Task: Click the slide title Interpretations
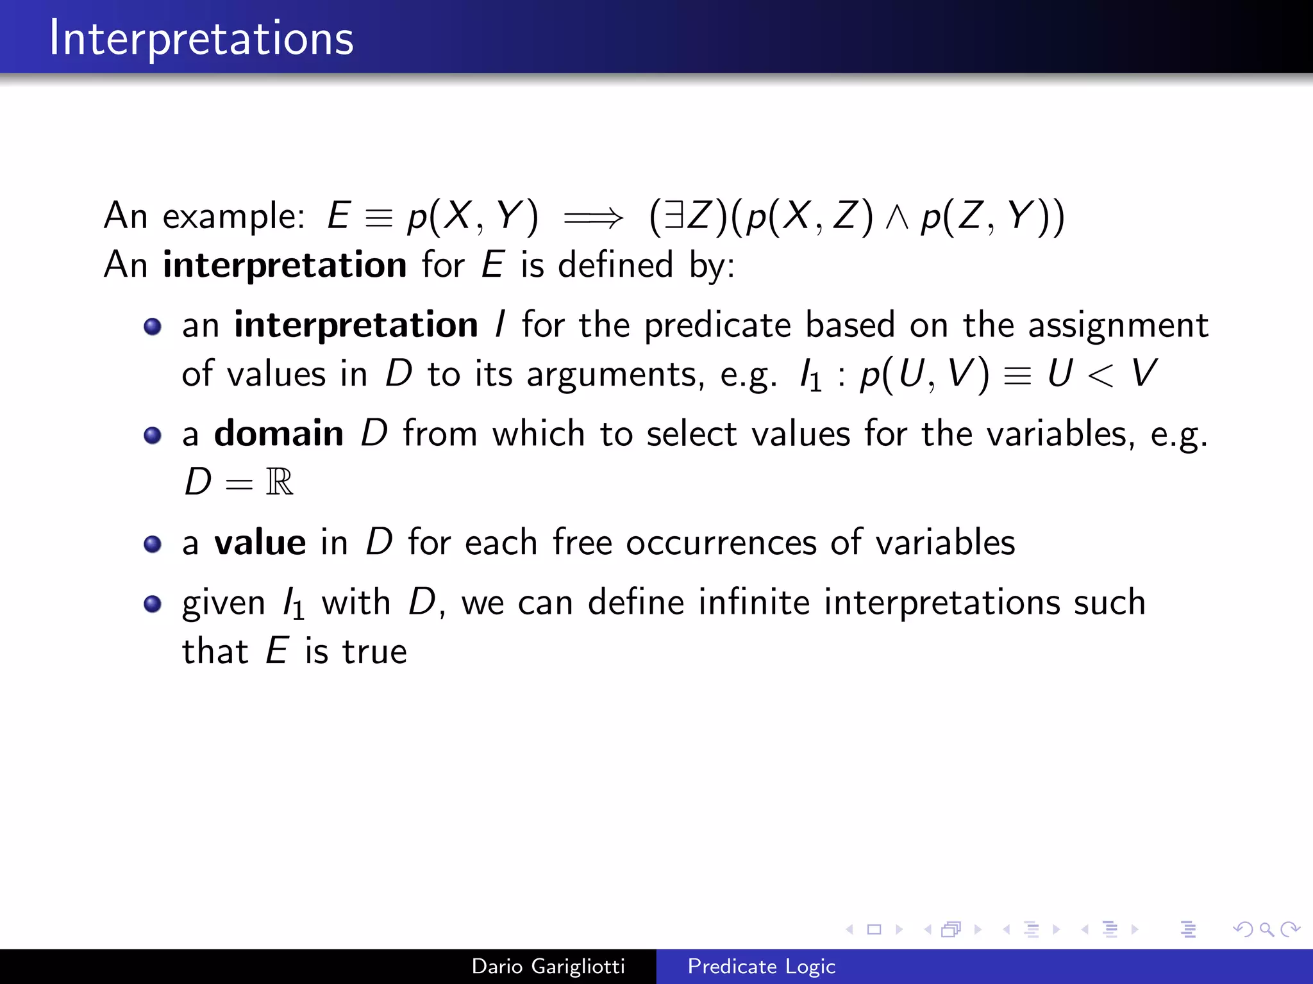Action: (201, 38)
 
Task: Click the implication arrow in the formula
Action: (593, 218)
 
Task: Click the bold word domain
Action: (279, 434)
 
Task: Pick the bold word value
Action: (260, 543)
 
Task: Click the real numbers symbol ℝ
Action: (280, 482)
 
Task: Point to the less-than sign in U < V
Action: (1100, 375)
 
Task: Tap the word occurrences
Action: (721, 543)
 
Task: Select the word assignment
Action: (1118, 325)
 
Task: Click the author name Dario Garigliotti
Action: (548, 966)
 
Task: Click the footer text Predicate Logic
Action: (761, 966)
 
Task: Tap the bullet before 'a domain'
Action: (153, 436)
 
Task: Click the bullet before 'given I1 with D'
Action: (153, 604)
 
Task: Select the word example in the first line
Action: (233, 217)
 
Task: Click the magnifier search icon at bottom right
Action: (1266, 929)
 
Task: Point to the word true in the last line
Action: (374, 652)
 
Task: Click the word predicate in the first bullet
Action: (717, 325)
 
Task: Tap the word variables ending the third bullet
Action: (945, 543)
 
